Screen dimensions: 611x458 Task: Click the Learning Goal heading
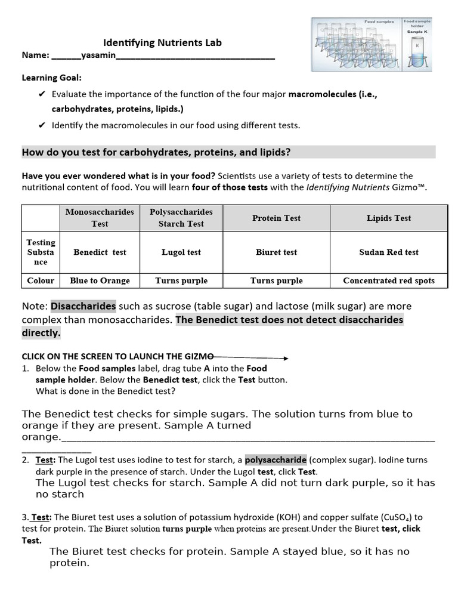(x=52, y=78)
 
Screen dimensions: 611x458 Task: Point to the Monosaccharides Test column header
(x=100, y=218)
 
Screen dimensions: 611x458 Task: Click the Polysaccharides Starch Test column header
(x=181, y=218)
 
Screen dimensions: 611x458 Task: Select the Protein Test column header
(x=276, y=218)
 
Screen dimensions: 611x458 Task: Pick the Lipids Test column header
(x=389, y=218)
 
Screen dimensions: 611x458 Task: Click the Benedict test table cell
(x=100, y=252)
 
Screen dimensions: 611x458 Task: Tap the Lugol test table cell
(x=181, y=252)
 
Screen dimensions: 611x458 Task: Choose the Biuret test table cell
(x=276, y=252)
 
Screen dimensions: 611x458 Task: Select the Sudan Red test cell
(x=389, y=252)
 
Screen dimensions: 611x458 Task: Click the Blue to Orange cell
(x=100, y=280)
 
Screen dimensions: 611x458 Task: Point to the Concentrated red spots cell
(x=389, y=280)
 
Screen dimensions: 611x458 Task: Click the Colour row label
(x=41, y=280)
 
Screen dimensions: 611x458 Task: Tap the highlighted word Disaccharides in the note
(x=83, y=306)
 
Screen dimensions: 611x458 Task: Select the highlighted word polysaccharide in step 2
(x=276, y=460)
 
